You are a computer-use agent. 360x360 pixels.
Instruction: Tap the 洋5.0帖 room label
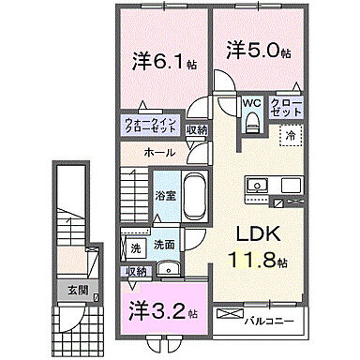(x=255, y=50)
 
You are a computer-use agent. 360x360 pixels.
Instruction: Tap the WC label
(x=251, y=102)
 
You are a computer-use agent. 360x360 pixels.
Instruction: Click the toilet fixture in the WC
(x=251, y=121)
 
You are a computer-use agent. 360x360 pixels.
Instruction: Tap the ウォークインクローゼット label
(x=152, y=126)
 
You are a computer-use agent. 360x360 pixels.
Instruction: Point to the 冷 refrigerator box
(x=290, y=136)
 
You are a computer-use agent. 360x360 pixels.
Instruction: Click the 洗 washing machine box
(x=136, y=247)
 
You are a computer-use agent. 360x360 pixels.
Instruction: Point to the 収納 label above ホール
(x=196, y=130)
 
